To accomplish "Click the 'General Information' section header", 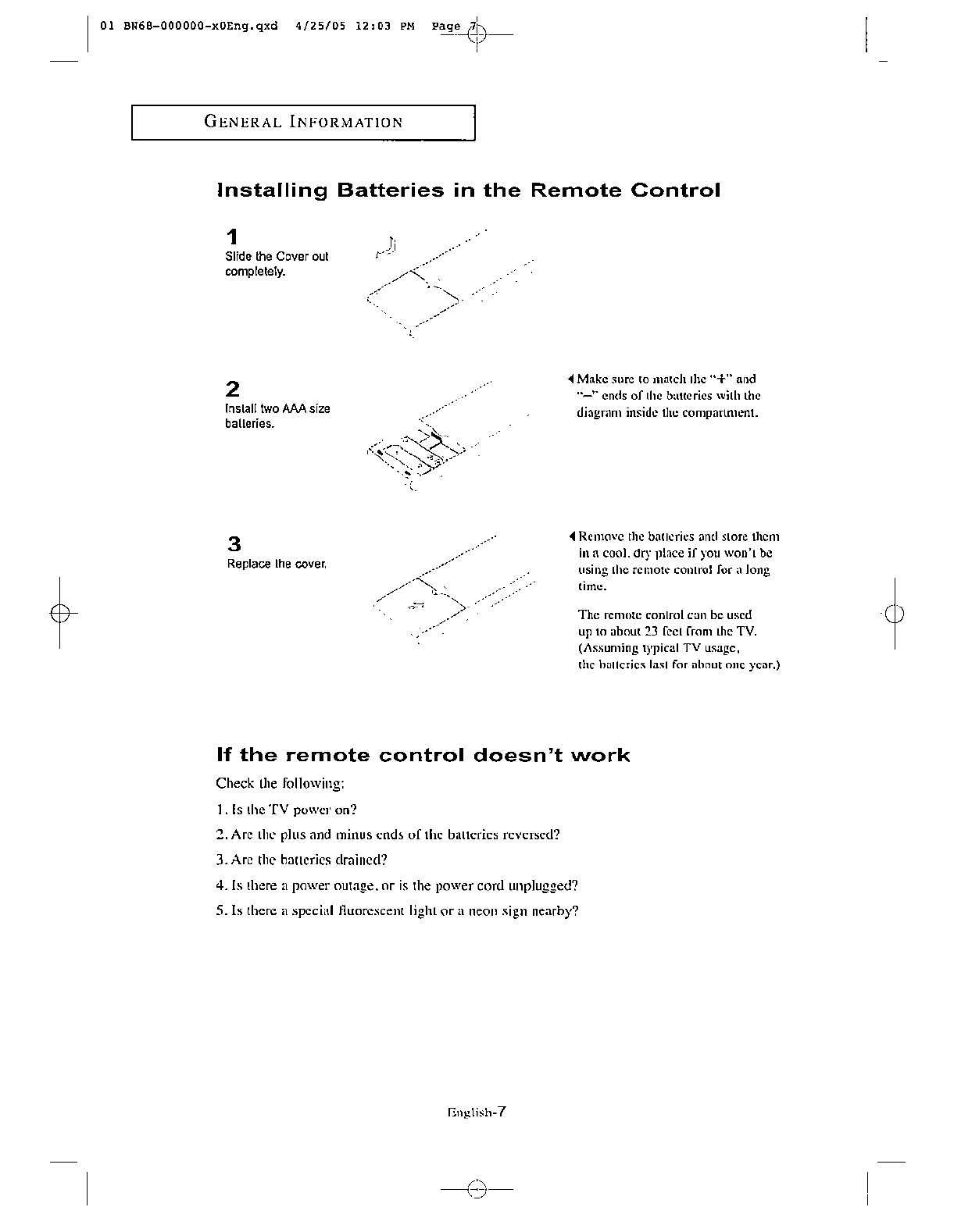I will [303, 122].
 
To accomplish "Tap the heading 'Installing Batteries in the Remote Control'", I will [468, 190].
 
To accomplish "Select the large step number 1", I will [232, 237].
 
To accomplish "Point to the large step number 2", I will [232, 389].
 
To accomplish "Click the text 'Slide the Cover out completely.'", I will [277, 264].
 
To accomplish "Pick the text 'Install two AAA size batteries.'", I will [277, 416].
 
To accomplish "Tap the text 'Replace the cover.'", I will [276, 564].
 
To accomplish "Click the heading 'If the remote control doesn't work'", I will [423, 755].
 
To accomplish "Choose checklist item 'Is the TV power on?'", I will [287, 810].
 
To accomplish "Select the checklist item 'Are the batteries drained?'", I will [302, 860].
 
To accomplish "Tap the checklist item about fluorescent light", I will [397, 911].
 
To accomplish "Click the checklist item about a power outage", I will [397, 885].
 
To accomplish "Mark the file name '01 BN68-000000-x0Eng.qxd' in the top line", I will [189, 25].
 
